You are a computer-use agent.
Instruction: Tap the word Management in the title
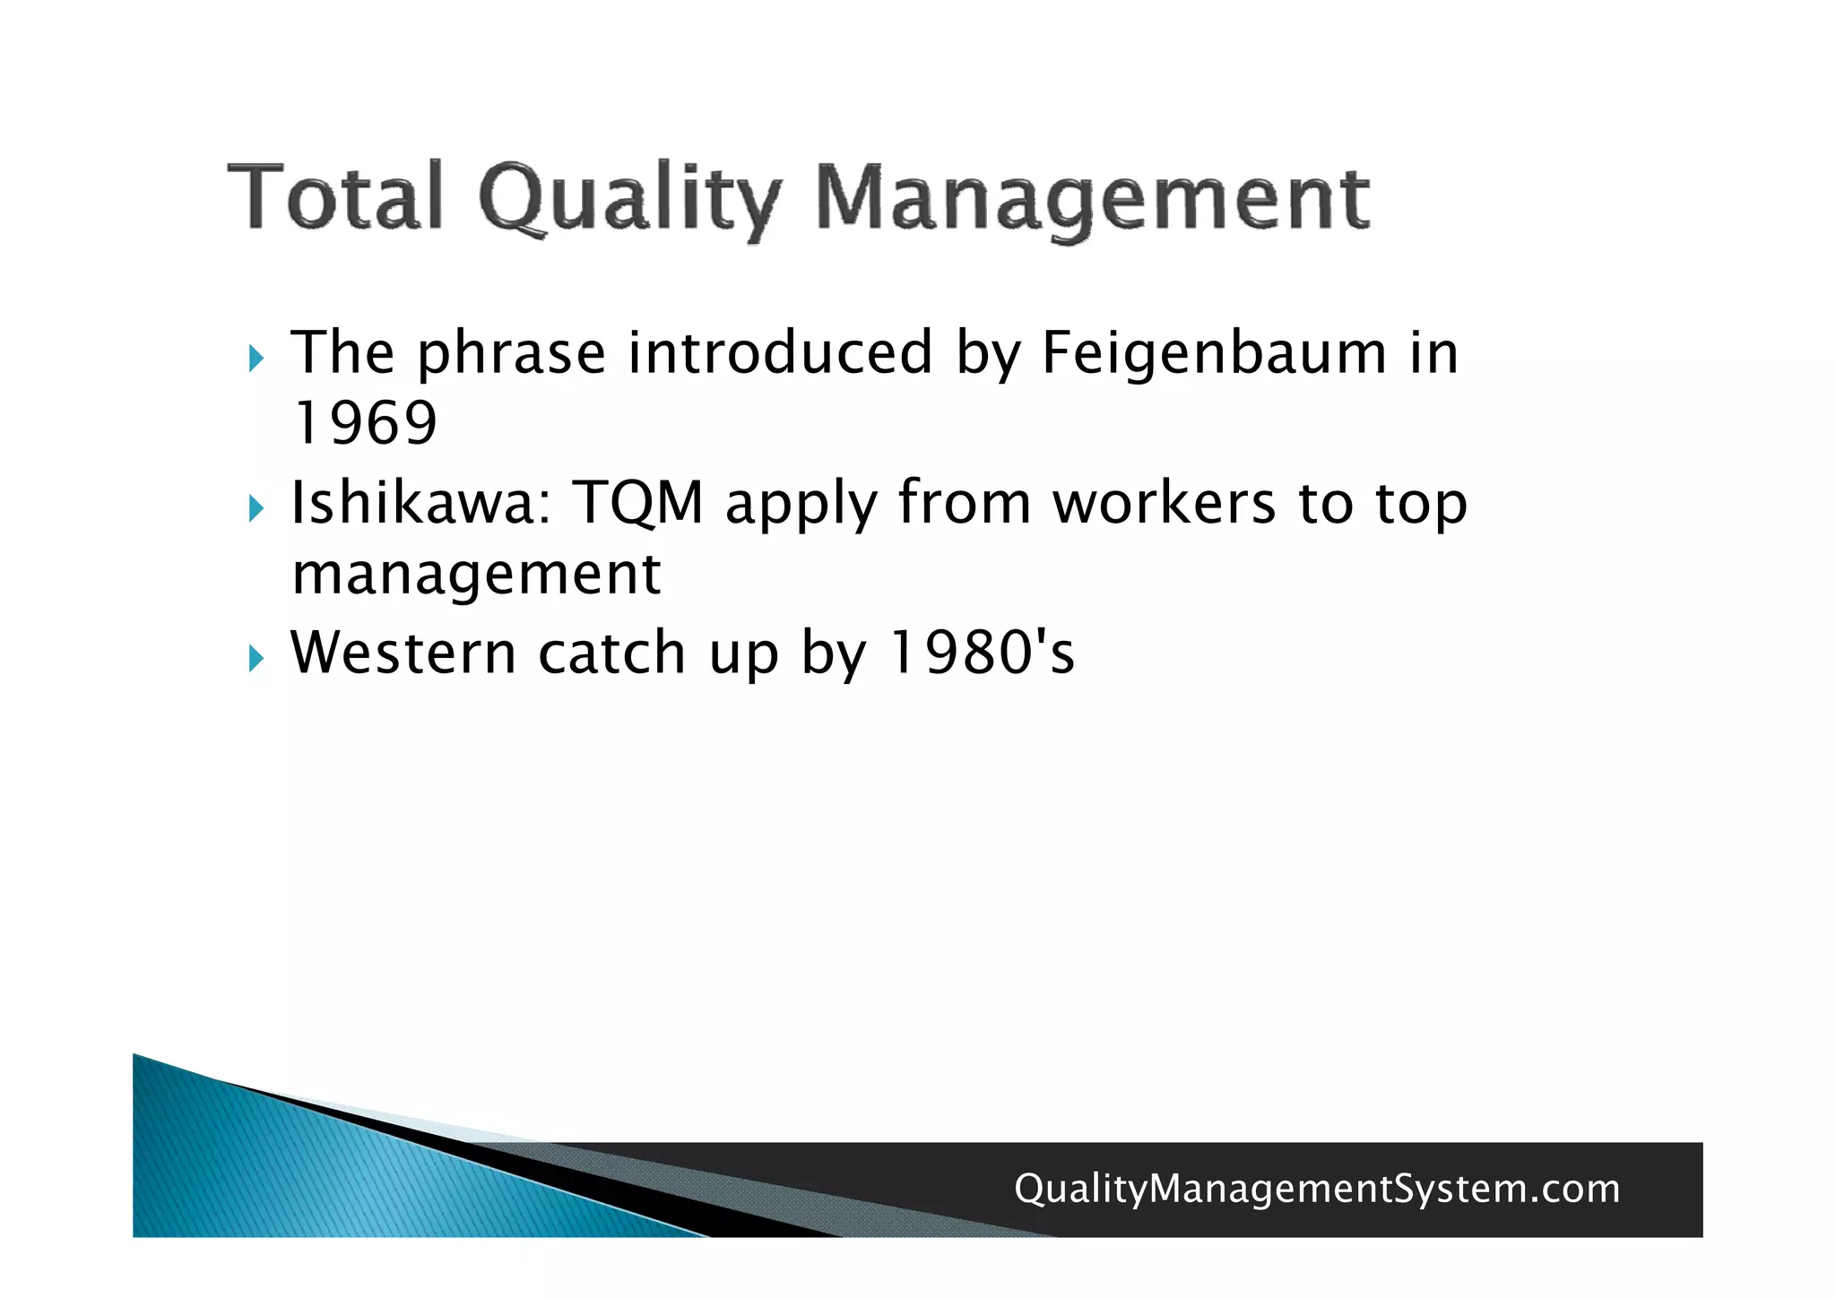click(1092, 199)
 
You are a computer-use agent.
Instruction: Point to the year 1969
click(365, 423)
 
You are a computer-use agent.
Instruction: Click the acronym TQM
click(638, 504)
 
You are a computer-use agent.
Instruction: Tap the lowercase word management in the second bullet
click(476, 574)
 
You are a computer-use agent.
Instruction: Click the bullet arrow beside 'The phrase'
click(256, 359)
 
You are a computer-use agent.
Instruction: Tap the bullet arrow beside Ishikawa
click(256, 509)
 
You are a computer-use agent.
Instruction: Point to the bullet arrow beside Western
click(256, 660)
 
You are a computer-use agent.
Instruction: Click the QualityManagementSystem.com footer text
click(1317, 1189)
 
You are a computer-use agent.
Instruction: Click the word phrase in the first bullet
click(511, 355)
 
